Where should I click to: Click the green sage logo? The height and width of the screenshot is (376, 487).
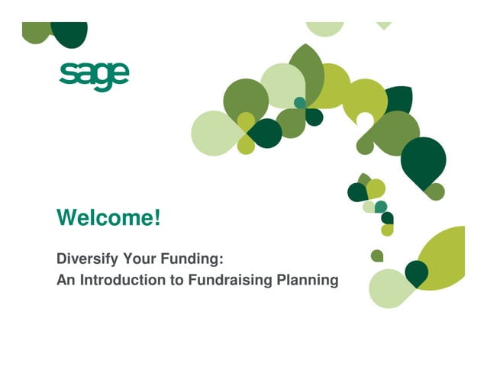point(94,75)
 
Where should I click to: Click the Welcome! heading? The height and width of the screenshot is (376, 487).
point(108,218)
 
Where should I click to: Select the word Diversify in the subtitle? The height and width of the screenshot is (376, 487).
point(86,258)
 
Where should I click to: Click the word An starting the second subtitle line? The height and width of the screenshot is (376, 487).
point(65,280)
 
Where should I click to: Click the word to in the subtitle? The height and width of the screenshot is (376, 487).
point(177,280)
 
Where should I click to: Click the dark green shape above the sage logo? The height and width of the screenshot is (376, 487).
point(69,32)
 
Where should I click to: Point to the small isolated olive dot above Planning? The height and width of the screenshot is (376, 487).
point(377,255)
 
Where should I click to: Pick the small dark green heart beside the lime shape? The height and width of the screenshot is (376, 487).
point(416,272)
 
